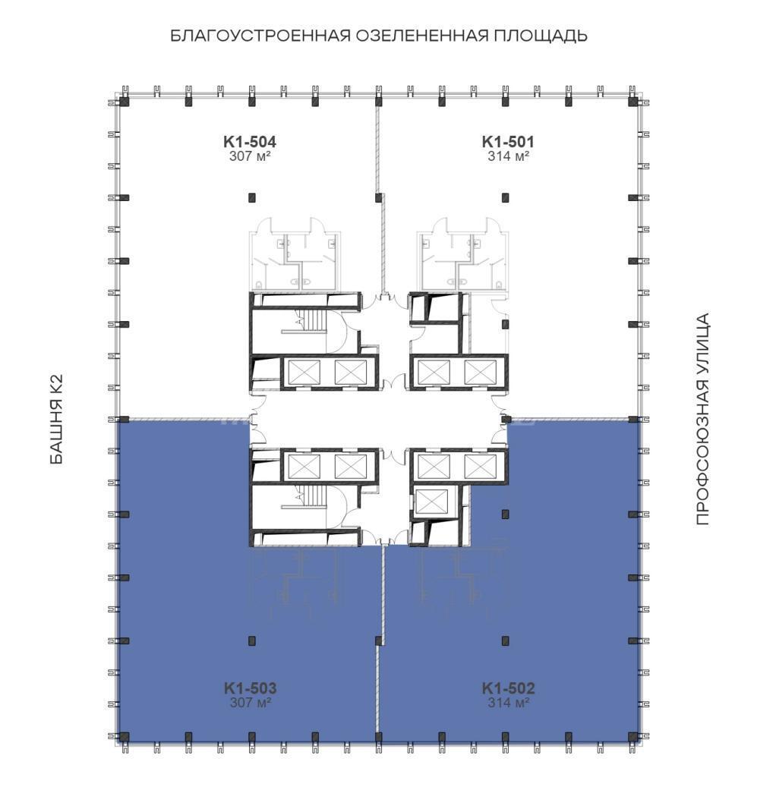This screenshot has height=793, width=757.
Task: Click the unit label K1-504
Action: (250, 142)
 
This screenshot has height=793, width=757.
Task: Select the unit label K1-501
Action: (508, 142)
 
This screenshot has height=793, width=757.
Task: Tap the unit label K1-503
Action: (250, 688)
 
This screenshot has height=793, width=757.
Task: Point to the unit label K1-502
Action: (508, 688)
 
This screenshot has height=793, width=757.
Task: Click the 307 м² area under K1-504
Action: (250, 156)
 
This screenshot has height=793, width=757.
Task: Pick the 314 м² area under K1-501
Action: (508, 156)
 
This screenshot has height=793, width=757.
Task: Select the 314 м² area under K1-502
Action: (508, 703)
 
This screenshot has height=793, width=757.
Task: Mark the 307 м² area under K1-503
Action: (250, 703)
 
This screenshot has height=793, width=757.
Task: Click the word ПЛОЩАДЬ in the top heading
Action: (541, 36)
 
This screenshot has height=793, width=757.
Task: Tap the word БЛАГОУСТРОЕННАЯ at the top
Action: (260, 36)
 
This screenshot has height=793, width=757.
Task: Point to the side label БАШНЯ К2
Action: (57, 419)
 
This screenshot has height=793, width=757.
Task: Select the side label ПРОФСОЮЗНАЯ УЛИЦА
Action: (702, 419)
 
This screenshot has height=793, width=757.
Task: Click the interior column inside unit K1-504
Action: (252, 197)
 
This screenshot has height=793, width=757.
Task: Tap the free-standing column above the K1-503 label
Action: (252, 640)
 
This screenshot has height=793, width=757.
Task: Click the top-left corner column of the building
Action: (124, 101)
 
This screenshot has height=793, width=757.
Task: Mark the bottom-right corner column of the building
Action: (633, 736)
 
